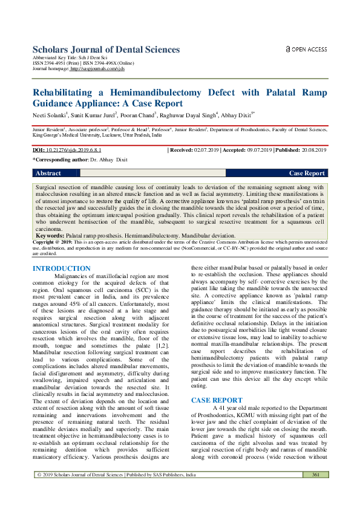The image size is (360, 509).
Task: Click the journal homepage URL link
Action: coord(97,69)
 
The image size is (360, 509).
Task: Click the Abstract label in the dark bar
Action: coord(48,173)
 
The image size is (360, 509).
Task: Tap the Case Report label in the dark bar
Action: coord(307,173)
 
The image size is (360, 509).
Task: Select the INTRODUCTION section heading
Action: coord(62,268)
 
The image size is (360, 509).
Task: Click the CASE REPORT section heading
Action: coord(217,383)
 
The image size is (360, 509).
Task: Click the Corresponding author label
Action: coord(52,160)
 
